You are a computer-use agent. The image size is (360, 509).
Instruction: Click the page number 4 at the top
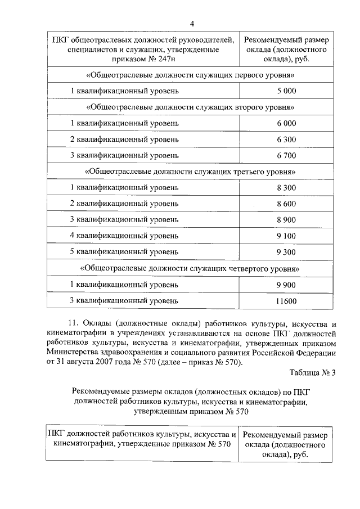click(x=192, y=23)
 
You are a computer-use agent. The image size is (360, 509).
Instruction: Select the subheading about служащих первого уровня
click(x=190, y=75)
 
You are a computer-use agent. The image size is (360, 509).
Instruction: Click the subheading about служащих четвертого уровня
click(x=190, y=269)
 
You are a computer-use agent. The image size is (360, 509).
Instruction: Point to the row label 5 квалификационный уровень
click(x=124, y=251)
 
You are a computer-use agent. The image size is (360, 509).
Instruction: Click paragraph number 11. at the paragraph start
click(x=74, y=323)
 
